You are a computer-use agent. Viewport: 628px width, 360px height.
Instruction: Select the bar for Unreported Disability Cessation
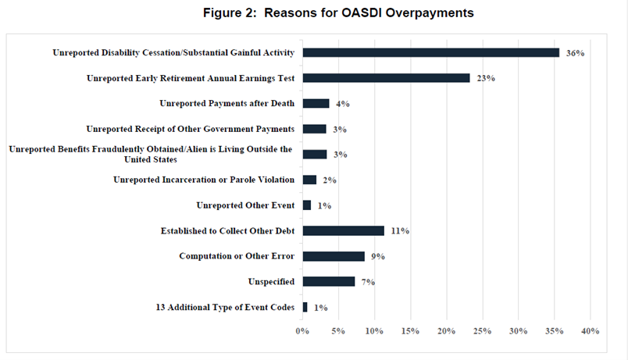[430, 53]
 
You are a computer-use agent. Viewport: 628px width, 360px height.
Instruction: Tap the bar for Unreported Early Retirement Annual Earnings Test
[386, 78]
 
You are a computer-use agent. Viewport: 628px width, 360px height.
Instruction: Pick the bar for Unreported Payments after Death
[316, 104]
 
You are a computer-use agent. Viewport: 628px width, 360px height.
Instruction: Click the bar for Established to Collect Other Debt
[343, 231]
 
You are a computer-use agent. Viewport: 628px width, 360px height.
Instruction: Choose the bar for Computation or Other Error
[334, 256]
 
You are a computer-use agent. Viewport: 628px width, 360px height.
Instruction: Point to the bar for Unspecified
[329, 282]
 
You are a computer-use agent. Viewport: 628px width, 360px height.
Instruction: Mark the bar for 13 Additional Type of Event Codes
[305, 308]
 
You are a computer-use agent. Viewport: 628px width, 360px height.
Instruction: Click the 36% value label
[575, 53]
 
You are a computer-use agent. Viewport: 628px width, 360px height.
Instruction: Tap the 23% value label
[485, 78]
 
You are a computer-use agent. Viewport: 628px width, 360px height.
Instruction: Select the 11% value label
[400, 231]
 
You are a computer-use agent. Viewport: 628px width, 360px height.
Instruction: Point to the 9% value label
[379, 256]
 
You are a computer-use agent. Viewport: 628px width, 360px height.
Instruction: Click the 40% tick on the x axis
[589, 331]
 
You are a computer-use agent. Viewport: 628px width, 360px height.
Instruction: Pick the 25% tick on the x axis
[482, 331]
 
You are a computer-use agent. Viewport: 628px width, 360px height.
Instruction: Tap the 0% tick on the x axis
[303, 331]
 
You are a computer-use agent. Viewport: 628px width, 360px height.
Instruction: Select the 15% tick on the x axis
[410, 331]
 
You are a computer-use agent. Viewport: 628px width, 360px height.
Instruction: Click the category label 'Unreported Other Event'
[244, 205]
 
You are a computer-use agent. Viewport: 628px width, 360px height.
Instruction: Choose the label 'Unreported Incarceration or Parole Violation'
[203, 180]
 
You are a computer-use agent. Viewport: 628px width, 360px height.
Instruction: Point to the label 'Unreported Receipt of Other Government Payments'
[190, 129]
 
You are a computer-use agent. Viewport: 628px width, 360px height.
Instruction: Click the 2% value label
[329, 180]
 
